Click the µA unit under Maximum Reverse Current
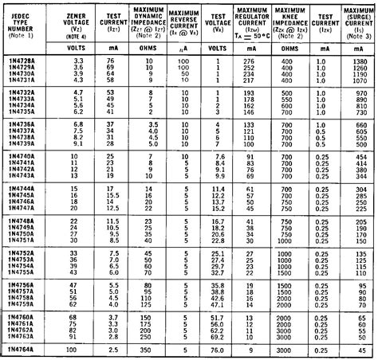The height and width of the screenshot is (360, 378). pyautogui.click(x=184, y=47)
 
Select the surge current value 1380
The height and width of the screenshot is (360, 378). pyautogui.click(x=359, y=61)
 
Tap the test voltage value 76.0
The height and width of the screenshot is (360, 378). pyautogui.click(x=216, y=349)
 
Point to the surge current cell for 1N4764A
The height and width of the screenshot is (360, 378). pyautogui.click(x=359, y=349)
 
